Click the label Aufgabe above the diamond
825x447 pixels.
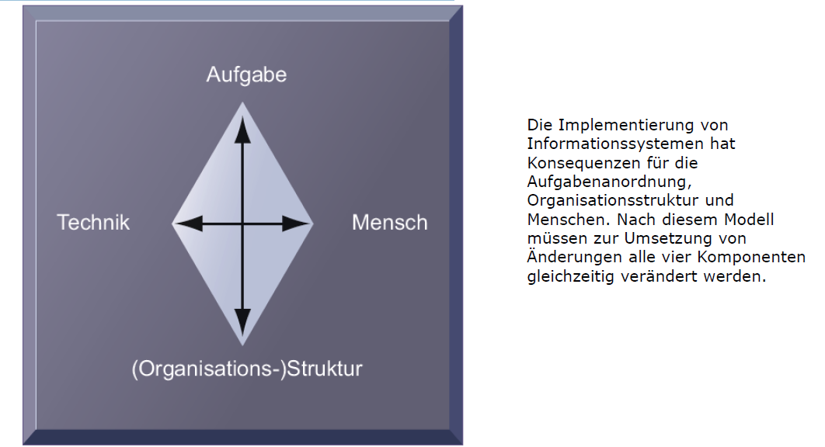pyautogui.click(x=246, y=74)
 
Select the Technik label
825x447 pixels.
pyautogui.click(x=93, y=223)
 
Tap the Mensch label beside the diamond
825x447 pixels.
pyautogui.click(x=389, y=223)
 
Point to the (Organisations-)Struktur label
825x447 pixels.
pyautogui.click(x=247, y=368)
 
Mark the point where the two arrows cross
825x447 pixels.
pyautogui.click(x=242, y=224)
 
